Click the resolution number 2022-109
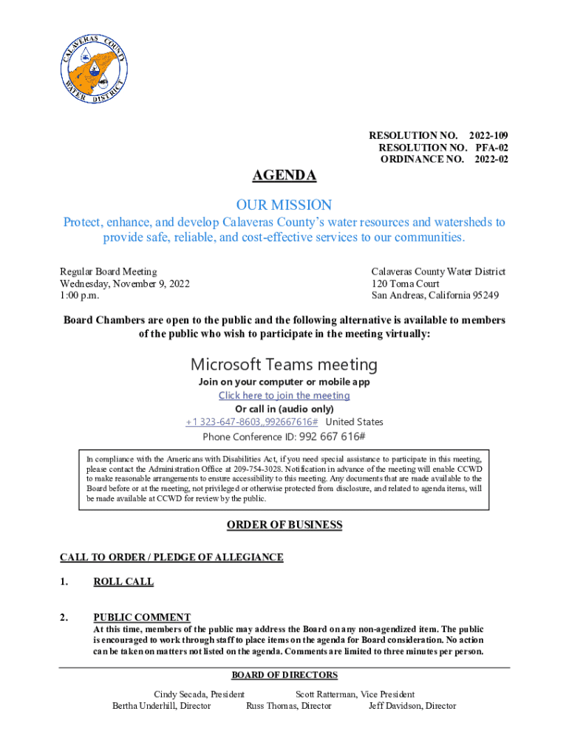[488, 136]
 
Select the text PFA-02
[491, 148]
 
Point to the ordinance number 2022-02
[491, 159]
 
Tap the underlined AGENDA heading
[284, 176]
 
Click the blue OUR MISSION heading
[284, 205]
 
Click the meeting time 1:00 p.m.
[79, 296]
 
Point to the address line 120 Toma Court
[405, 284]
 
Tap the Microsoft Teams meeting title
[284, 364]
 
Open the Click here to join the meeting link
[284, 396]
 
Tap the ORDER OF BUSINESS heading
[284, 525]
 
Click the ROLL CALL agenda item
[123, 582]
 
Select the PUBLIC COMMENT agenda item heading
[142, 617]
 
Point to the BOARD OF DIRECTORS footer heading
[284, 676]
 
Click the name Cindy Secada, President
[199, 695]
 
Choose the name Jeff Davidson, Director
[412, 706]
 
